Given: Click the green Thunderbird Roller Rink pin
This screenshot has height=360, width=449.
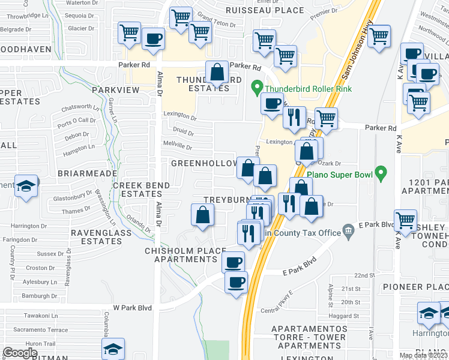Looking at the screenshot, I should coord(258,88).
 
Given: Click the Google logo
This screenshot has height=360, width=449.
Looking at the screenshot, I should coord(20,353).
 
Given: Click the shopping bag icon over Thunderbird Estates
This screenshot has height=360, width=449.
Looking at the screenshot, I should coord(217,74).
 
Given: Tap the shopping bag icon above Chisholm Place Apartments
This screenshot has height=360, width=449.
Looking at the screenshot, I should coord(203,215).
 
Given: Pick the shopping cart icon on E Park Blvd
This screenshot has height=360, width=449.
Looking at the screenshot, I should coord(406,220).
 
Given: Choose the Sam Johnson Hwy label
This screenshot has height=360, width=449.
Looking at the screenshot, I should coord(354,56).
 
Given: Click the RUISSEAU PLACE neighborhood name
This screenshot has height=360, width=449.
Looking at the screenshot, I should coord(265,10).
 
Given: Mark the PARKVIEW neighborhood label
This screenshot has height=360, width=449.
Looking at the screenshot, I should coord(115,89).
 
